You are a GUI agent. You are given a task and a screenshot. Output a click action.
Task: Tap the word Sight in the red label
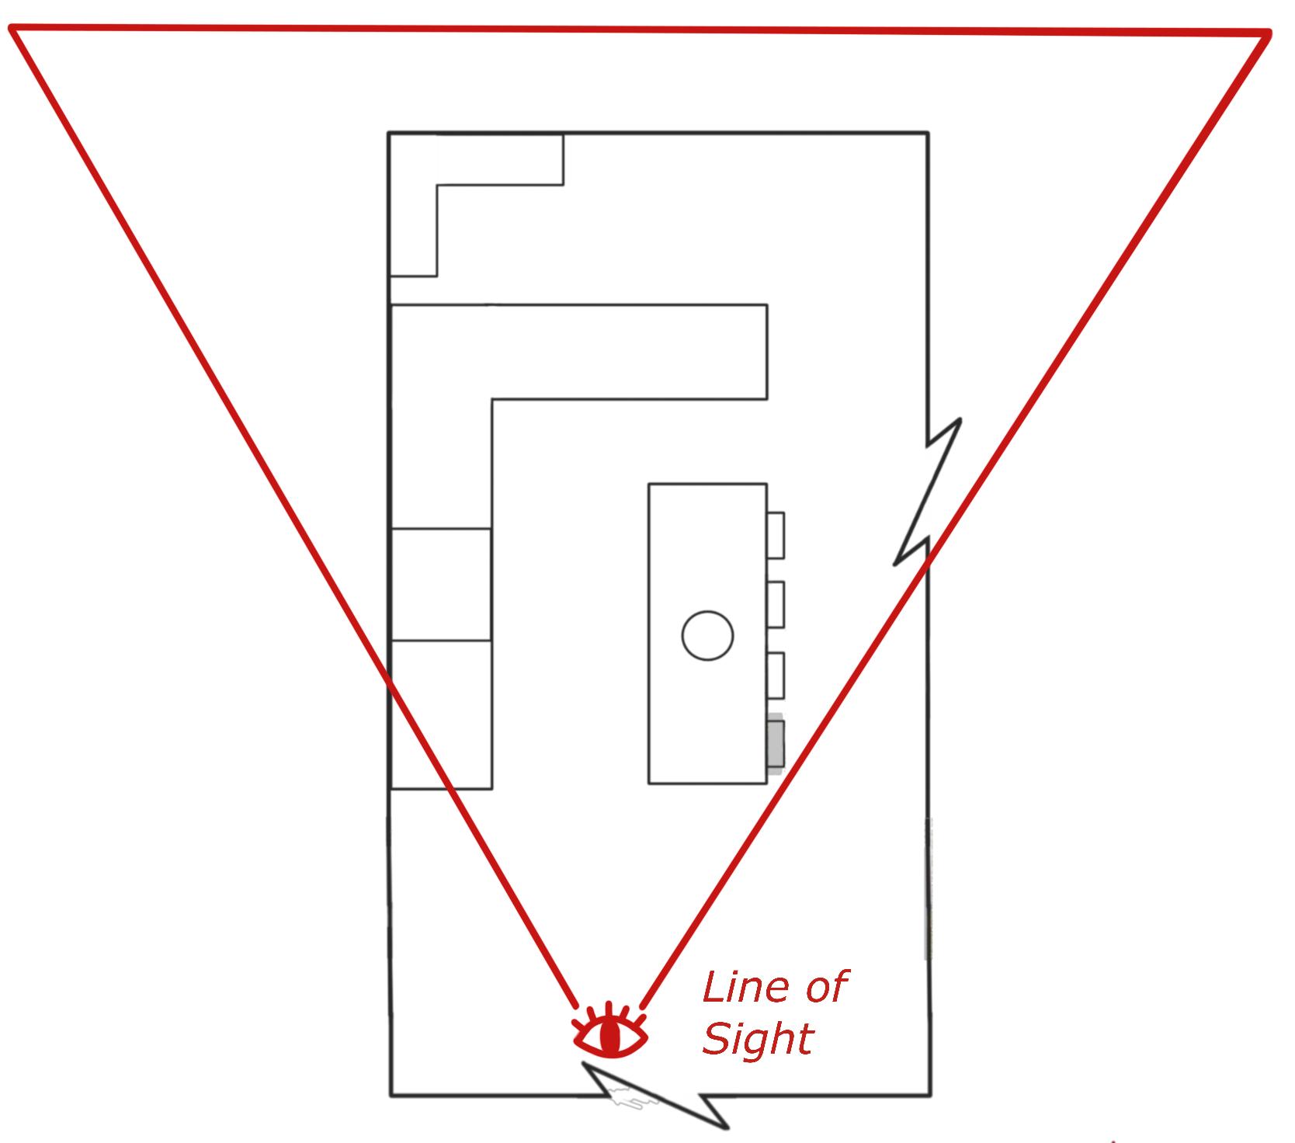[x=757, y=1038]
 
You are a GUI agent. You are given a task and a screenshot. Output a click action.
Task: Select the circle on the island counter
[x=707, y=635]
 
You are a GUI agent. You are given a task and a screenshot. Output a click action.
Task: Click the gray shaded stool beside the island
[x=775, y=747]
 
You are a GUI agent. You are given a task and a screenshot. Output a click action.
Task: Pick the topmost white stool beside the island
[x=775, y=535]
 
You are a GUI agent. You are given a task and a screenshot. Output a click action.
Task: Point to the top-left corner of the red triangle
[x=12, y=30]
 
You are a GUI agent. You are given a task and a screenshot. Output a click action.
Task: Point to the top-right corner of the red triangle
[x=1268, y=33]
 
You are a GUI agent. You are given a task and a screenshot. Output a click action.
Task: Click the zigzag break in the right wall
[x=929, y=492]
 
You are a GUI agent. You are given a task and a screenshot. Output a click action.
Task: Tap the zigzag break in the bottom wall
[x=656, y=1096]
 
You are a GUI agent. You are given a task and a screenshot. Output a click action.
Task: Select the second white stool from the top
[x=775, y=604]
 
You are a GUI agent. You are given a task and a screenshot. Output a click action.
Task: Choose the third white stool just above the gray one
[x=775, y=676]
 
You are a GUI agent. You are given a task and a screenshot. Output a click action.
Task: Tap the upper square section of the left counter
[x=441, y=584]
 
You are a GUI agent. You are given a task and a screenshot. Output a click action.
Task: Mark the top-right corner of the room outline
[x=928, y=134]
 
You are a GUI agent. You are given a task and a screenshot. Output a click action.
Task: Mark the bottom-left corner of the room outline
[x=391, y=1095]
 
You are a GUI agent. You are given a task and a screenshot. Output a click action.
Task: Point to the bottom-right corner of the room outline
[x=930, y=1095]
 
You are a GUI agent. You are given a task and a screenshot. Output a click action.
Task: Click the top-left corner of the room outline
[x=389, y=134]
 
